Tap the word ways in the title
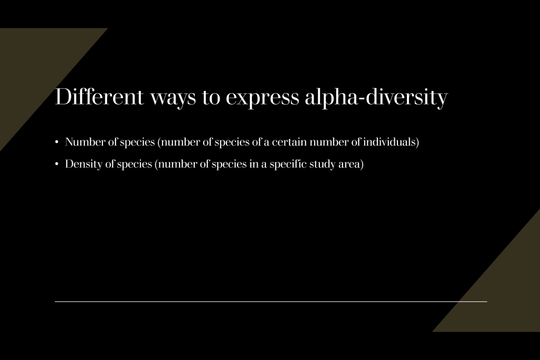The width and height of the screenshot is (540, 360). pyautogui.click(x=173, y=99)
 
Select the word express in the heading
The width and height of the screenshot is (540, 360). pyautogui.click(x=262, y=99)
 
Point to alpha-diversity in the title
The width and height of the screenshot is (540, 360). pyautogui.click(x=376, y=98)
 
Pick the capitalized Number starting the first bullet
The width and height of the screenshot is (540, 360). pyautogui.click(x=85, y=142)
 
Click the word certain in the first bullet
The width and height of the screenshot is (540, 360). pyautogui.click(x=289, y=142)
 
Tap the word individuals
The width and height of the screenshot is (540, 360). pyautogui.click(x=389, y=142)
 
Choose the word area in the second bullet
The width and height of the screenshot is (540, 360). pyautogui.click(x=349, y=165)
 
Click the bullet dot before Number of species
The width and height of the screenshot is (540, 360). pyautogui.click(x=57, y=142)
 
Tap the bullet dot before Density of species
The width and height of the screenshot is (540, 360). pyautogui.click(x=57, y=164)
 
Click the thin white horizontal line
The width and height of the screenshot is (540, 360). pyautogui.click(x=271, y=301)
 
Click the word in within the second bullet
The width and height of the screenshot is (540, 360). pyautogui.click(x=253, y=164)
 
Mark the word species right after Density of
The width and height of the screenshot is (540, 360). pyautogui.click(x=134, y=165)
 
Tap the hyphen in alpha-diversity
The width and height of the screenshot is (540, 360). pyautogui.click(x=362, y=99)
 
